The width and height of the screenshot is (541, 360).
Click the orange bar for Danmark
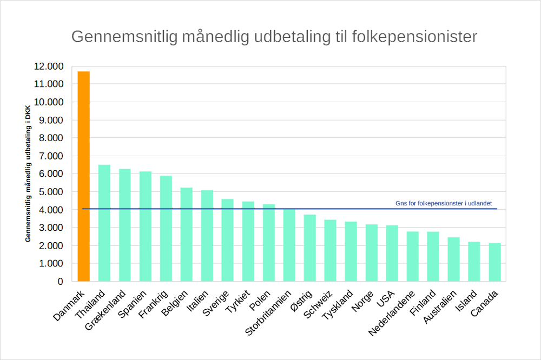pyautogui.click(x=83, y=176)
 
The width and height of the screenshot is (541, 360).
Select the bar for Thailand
pyautogui.click(x=104, y=223)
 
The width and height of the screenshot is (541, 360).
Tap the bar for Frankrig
pyautogui.click(x=166, y=228)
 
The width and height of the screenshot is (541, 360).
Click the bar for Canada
pyautogui.click(x=494, y=262)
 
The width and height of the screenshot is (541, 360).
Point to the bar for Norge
pyautogui.click(x=371, y=252)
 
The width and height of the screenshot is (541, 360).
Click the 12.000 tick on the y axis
pyautogui.click(x=49, y=66)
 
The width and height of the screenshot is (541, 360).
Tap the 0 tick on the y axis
pyautogui.click(x=60, y=281)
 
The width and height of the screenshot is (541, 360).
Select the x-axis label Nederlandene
pyautogui.click(x=392, y=313)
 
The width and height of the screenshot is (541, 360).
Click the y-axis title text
pyautogui.click(x=28, y=174)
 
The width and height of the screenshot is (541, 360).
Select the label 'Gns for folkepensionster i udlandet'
pyautogui.click(x=443, y=203)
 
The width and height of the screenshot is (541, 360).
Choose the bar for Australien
pyautogui.click(x=453, y=259)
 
